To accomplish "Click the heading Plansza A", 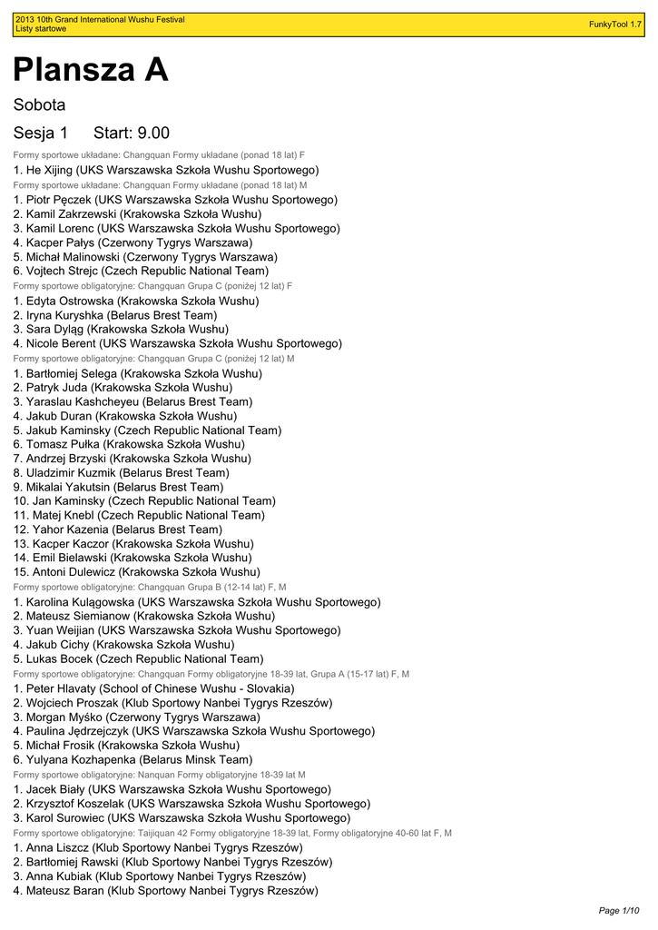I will point(91,70).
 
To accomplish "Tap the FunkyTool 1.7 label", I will point(615,25).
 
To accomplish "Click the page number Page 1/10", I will point(619,911).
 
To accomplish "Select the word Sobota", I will point(39,105).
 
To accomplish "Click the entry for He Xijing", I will point(166,170).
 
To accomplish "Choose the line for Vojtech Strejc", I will point(141,271).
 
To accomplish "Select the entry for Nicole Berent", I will point(178,343).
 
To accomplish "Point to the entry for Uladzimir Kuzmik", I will point(122,472).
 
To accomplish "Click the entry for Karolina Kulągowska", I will point(197,601).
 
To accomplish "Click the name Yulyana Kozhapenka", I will point(133,759).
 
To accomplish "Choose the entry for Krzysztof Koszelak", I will point(192,804).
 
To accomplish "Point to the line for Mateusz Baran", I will point(166,891).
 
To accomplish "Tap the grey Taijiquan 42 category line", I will point(232,833).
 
